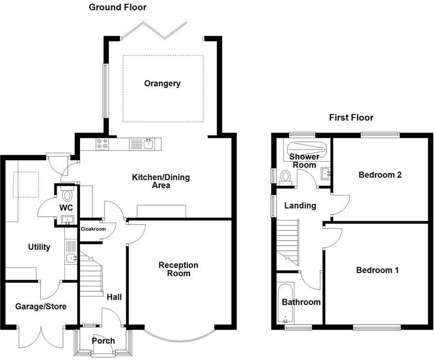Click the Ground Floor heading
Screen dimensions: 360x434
click(x=118, y=7)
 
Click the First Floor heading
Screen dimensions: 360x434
click(x=351, y=118)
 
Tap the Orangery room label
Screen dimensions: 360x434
click(x=162, y=83)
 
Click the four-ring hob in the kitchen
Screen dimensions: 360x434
click(x=102, y=144)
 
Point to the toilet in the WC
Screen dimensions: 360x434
click(x=67, y=195)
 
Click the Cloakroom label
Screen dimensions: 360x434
click(x=93, y=229)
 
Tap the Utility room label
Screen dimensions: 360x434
click(x=39, y=247)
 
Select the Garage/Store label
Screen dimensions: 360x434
click(x=41, y=306)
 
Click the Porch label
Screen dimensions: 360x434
click(x=103, y=341)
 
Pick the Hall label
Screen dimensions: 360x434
click(x=114, y=297)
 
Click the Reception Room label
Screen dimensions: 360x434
click(x=178, y=269)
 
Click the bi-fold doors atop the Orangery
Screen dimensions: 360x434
click(x=154, y=30)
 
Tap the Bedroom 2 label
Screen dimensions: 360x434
click(x=380, y=175)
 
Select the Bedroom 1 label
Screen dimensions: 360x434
click(x=377, y=270)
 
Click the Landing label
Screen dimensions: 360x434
click(x=300, y=206)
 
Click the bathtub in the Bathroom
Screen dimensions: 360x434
click(x=284, y=304)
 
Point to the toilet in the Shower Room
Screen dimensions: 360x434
click(x=285, y=176)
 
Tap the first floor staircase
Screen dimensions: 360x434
click(x=288, y=240)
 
